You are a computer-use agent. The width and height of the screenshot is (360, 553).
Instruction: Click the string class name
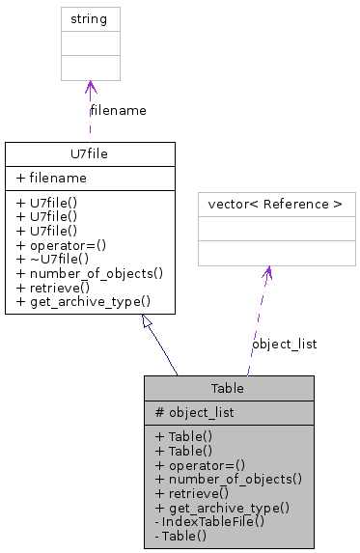90,18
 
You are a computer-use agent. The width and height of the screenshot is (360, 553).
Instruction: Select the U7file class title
90,153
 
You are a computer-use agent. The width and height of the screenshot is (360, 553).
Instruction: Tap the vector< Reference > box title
276,205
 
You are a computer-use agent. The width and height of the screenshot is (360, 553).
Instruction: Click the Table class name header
229,388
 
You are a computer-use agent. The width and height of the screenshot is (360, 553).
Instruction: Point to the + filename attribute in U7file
51,179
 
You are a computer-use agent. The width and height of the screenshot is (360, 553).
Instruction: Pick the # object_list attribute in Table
195,412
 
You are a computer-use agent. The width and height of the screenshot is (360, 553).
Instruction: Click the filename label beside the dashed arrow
118,110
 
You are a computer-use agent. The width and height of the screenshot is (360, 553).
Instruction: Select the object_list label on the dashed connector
284,344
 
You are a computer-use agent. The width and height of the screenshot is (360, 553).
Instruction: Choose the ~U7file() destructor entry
60,259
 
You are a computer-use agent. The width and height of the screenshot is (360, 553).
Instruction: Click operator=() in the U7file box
65,245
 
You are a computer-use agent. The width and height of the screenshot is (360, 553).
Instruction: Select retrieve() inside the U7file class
56,288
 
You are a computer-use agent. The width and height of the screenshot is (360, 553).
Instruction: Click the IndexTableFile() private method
209,520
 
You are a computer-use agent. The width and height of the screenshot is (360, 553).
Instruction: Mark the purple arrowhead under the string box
90,88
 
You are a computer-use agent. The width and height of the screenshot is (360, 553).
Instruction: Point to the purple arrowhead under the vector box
268,273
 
